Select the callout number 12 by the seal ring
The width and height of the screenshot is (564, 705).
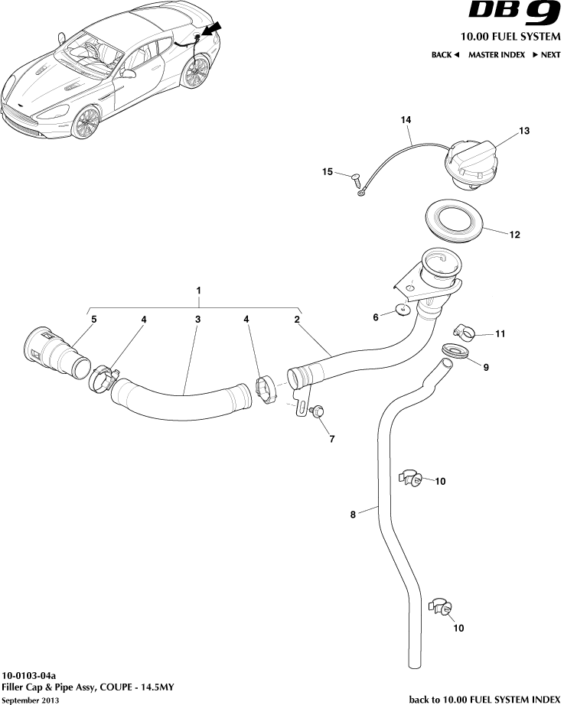click(x=514, y=235)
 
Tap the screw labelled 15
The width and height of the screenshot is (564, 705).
click(x=355, y=178)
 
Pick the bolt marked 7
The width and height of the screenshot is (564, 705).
click(x=318, y=412)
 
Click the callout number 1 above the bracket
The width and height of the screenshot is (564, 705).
click(x=199, y=291)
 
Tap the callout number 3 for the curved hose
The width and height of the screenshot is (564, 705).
click(x=197, y=320)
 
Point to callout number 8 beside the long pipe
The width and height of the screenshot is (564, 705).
click(x=353, y=515)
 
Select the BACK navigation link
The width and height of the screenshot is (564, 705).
click(x=445, y=55)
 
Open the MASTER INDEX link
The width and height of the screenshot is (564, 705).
click(x=497, y=55)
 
